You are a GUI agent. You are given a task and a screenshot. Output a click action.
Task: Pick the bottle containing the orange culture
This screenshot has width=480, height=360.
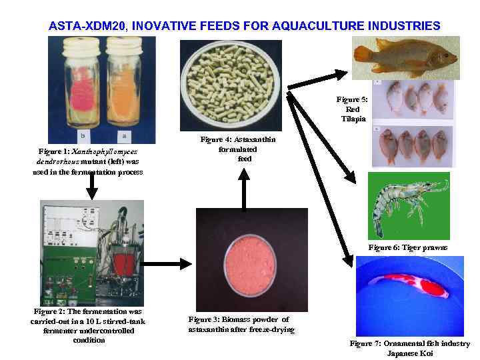(x=124, y=87)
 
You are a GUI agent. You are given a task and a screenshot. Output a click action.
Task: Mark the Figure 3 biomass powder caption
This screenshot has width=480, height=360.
(x=241, y=324)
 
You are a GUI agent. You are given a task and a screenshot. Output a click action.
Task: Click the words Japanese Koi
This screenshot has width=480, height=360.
(x=409, y=353)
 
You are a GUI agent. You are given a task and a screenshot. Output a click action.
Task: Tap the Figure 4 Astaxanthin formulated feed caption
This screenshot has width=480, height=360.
(x=238, y=149)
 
